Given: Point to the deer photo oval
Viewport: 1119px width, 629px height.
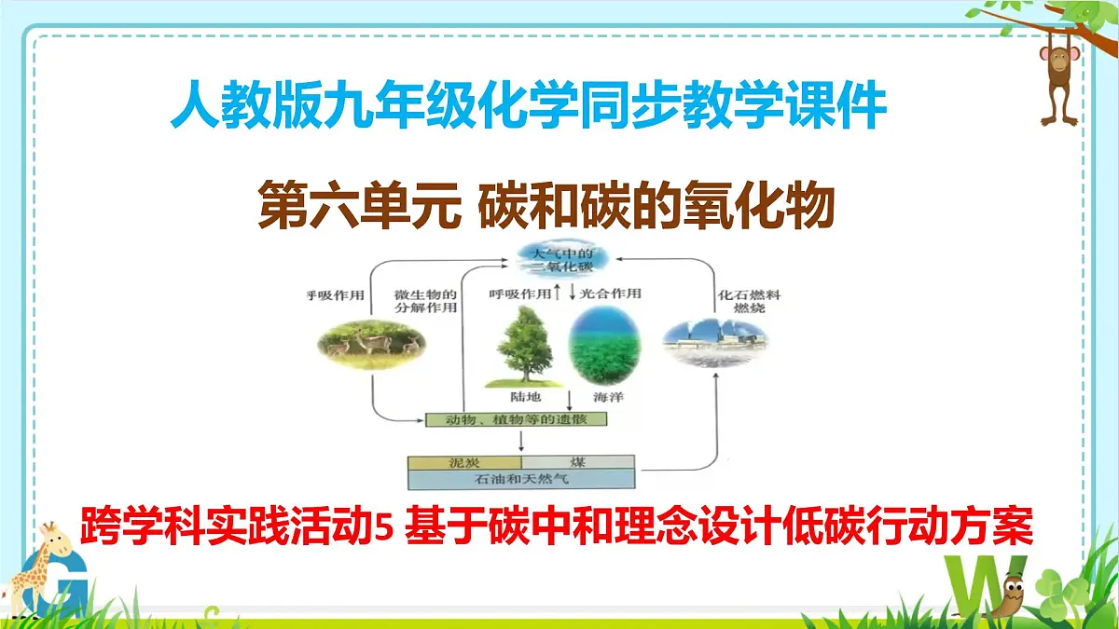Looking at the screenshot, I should pos(370,345).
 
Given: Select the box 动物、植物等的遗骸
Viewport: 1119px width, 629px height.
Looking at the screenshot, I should pos(516,419).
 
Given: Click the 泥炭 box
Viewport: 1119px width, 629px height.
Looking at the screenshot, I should pos(464,462).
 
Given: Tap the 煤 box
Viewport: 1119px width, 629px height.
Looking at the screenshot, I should pos(577,462).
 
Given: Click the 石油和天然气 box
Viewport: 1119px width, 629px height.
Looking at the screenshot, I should pos(521,479).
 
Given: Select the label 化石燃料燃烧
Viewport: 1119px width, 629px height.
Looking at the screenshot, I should pos(749,300).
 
